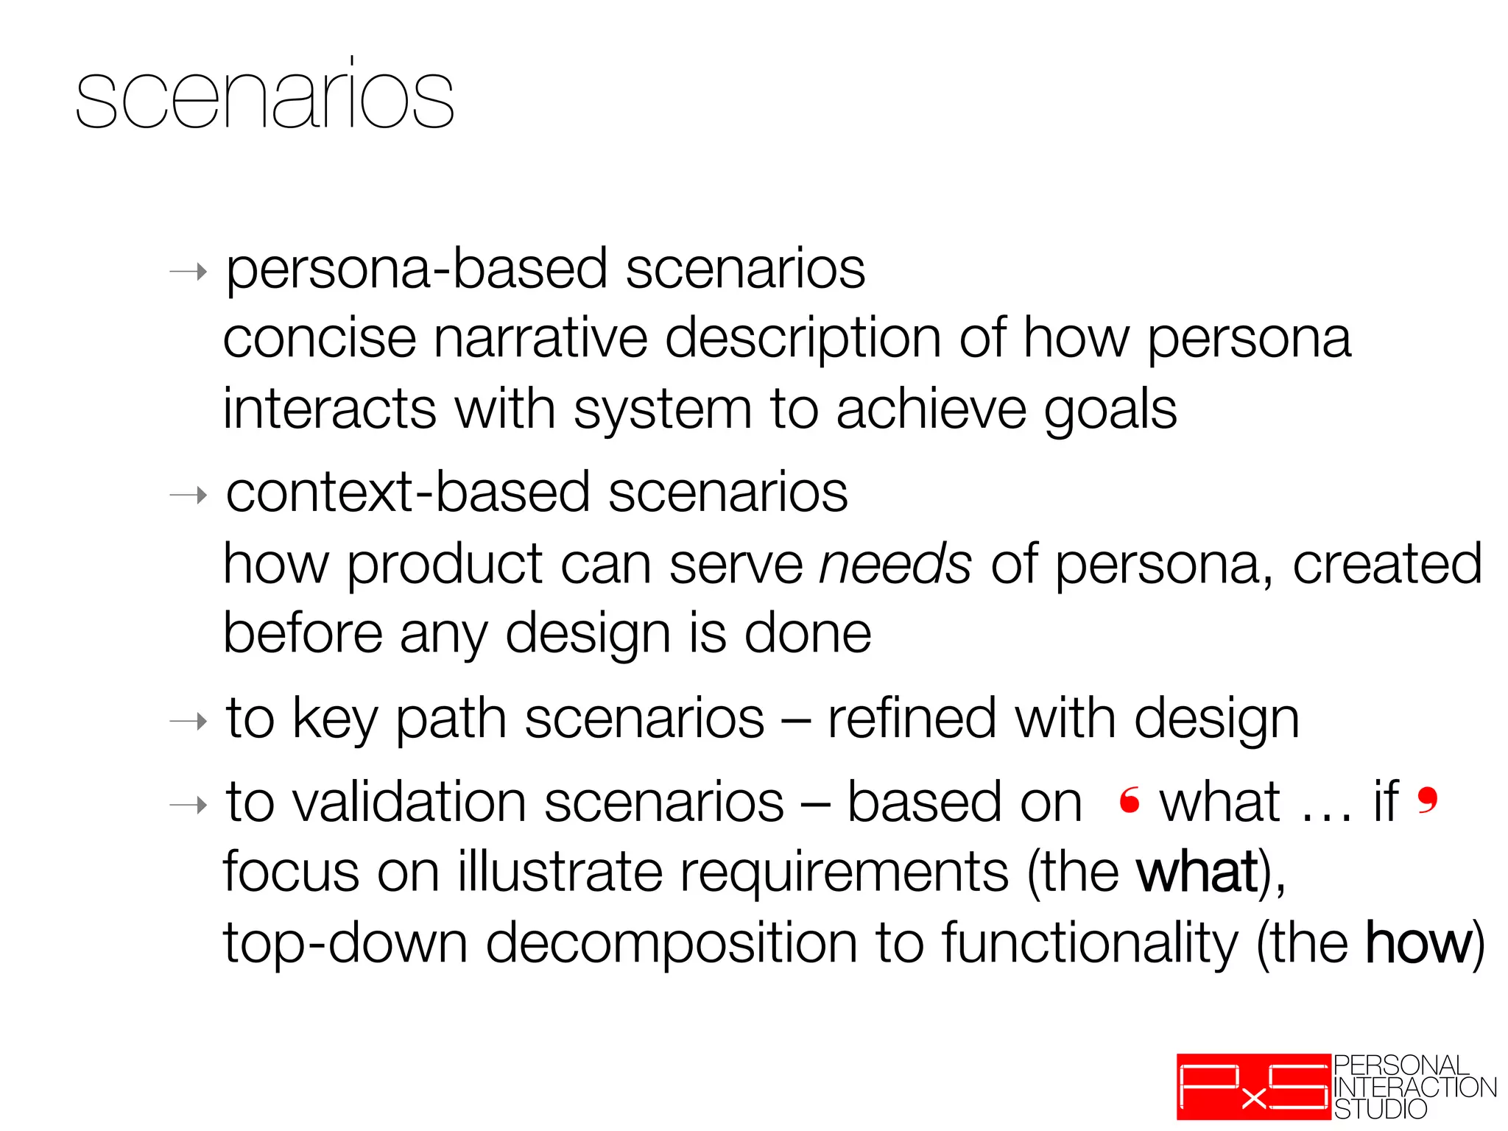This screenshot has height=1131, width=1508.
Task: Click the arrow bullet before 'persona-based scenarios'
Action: coord(188,272)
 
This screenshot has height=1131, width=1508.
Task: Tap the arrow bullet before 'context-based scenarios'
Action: coord(188,496)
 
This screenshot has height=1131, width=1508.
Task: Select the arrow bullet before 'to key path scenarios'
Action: coord(188,721)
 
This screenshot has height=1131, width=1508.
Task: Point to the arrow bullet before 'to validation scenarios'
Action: coord(188,805)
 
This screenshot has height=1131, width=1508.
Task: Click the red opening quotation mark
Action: coord(1130,800)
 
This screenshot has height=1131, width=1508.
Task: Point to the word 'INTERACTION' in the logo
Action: coord(1414,1088)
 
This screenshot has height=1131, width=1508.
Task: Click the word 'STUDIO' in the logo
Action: coord(1381,1109)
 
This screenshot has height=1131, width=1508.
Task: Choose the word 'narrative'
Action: coord(540,339)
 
